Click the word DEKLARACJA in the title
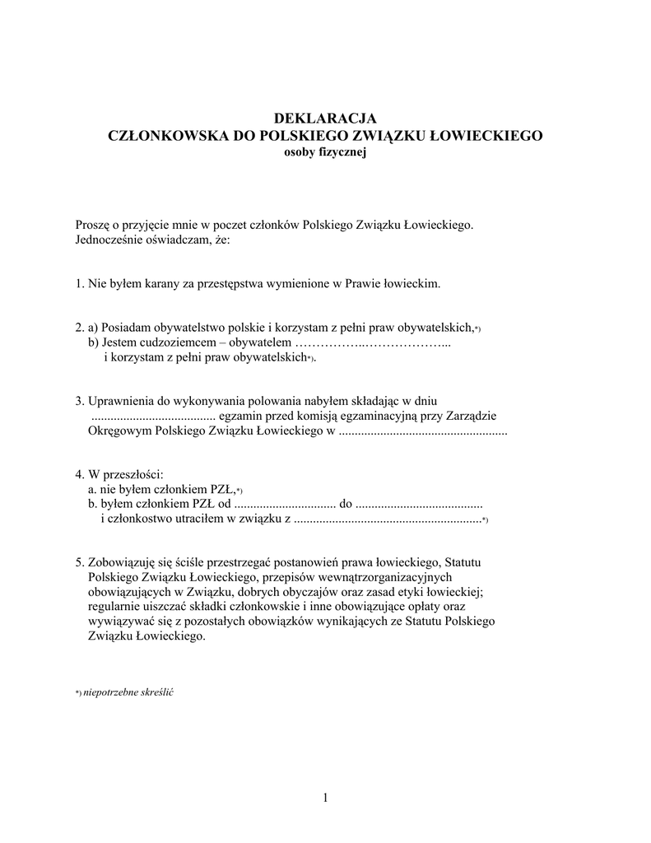(324, 118)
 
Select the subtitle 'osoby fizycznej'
(324, 154)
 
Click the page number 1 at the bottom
(325, 797)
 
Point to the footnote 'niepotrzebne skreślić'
(129, 692)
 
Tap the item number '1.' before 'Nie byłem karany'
(80, 284)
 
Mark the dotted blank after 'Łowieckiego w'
(422, 431)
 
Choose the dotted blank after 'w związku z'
(387, 519)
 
